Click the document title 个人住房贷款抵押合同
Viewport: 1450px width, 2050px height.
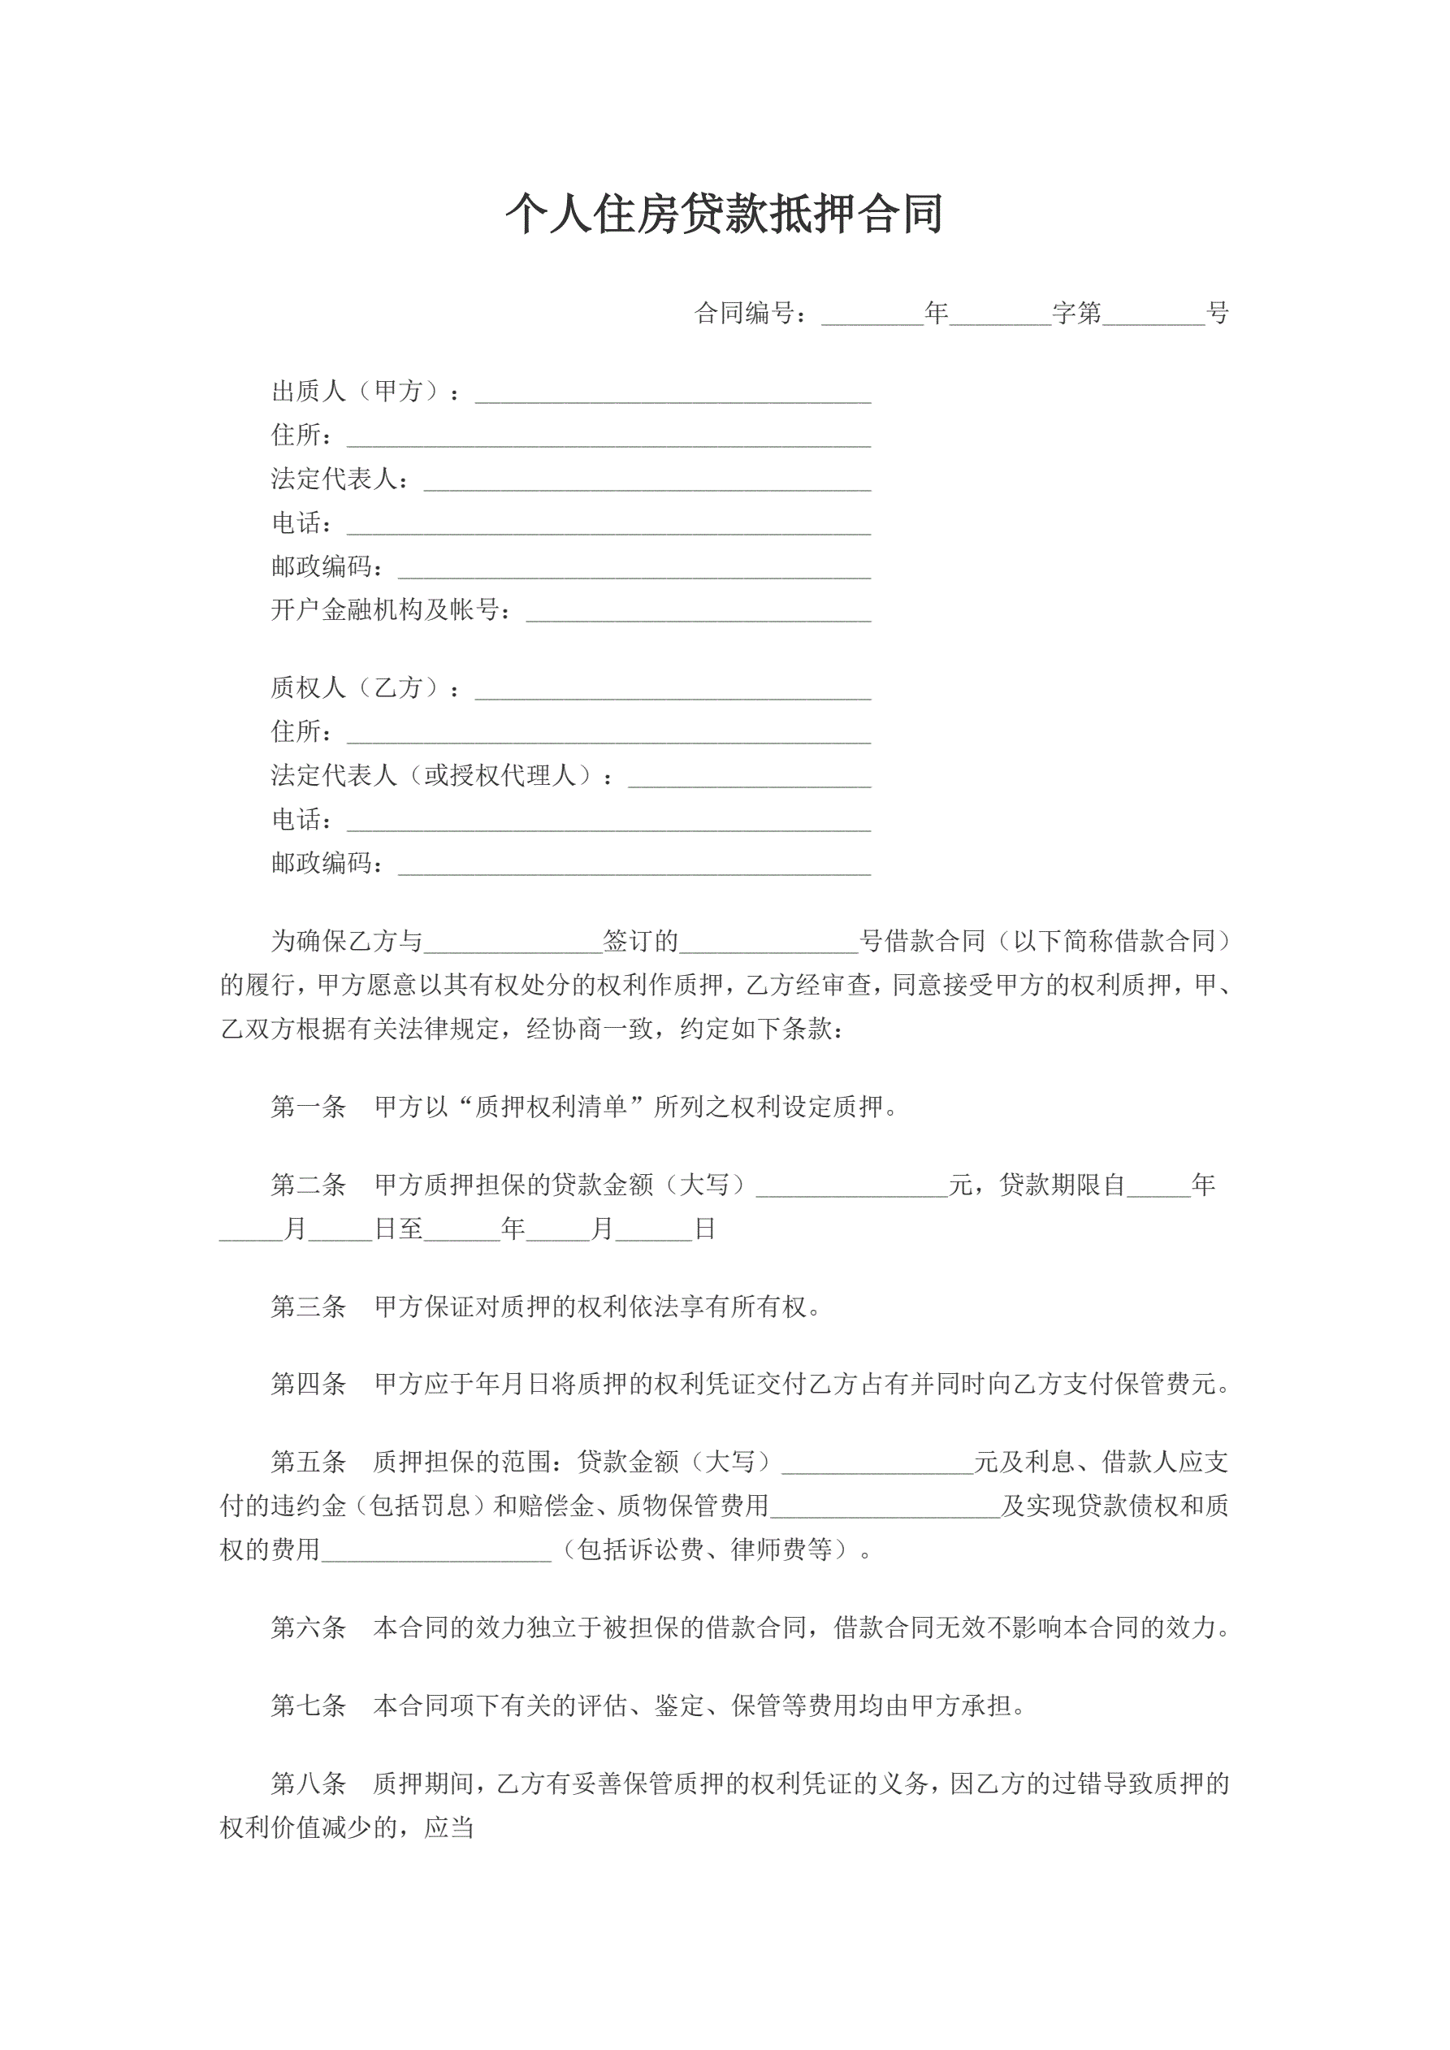pyautogui.click(x=724, y=215)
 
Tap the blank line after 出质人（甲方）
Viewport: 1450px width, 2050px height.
pyautogui.click(x=673, y=393)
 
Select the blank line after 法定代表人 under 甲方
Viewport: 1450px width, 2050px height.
pyautogui.click(x=647, y=480)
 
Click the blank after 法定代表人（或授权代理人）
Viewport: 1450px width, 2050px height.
pyautogui.click(x=749, y=777)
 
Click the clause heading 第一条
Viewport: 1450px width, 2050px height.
pyautogui.click(x=308, y=1108)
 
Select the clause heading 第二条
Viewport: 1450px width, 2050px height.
pyautogui.click(x=308, y=1185)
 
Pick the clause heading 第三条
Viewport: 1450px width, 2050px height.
pyautogui.click(x=308, y=1307)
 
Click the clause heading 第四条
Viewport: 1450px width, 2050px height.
pyautogui.click(x=308, y=1385)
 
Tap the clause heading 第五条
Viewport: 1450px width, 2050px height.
pyautogui.click(x=308, y=1463)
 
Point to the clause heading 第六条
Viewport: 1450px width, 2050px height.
pyautogui.click(x=308, y=1627)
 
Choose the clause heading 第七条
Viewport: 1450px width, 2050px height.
pyautogui.click(x=308, y=1706)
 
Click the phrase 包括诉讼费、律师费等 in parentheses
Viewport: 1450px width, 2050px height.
pyautogui.click(x=704, y=1550)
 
